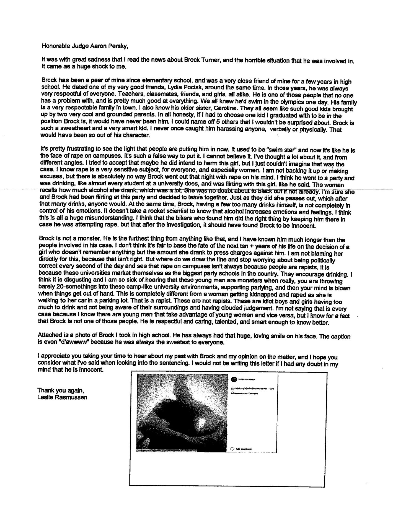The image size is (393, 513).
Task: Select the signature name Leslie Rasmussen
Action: [x=62, y=397]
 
